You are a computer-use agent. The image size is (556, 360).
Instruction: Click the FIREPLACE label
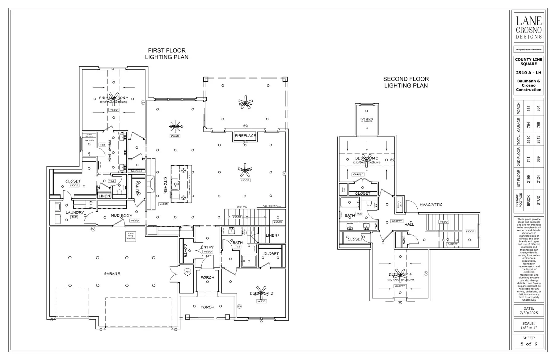click(245, 136)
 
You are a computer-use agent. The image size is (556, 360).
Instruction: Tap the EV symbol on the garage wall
click(92, 229)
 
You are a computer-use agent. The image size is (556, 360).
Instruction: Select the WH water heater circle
click(187, 272)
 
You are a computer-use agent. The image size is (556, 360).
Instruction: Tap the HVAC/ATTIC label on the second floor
click(431, 205)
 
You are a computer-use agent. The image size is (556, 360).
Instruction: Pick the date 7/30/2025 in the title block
click(529, 313)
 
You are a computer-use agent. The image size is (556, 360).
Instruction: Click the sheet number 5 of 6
click(529, 344)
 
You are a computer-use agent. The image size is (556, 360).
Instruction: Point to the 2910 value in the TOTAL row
click(529, 140)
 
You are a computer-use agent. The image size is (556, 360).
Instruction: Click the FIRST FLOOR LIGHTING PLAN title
click(167, 54)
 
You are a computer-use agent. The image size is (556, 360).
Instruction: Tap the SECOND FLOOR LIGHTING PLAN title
click(406, 82)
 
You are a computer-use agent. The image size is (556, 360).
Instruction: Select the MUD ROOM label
click(122, 215)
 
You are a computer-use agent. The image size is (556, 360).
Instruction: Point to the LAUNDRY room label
click(75, 213)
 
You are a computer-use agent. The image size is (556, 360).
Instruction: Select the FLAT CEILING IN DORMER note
click(367, 120)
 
